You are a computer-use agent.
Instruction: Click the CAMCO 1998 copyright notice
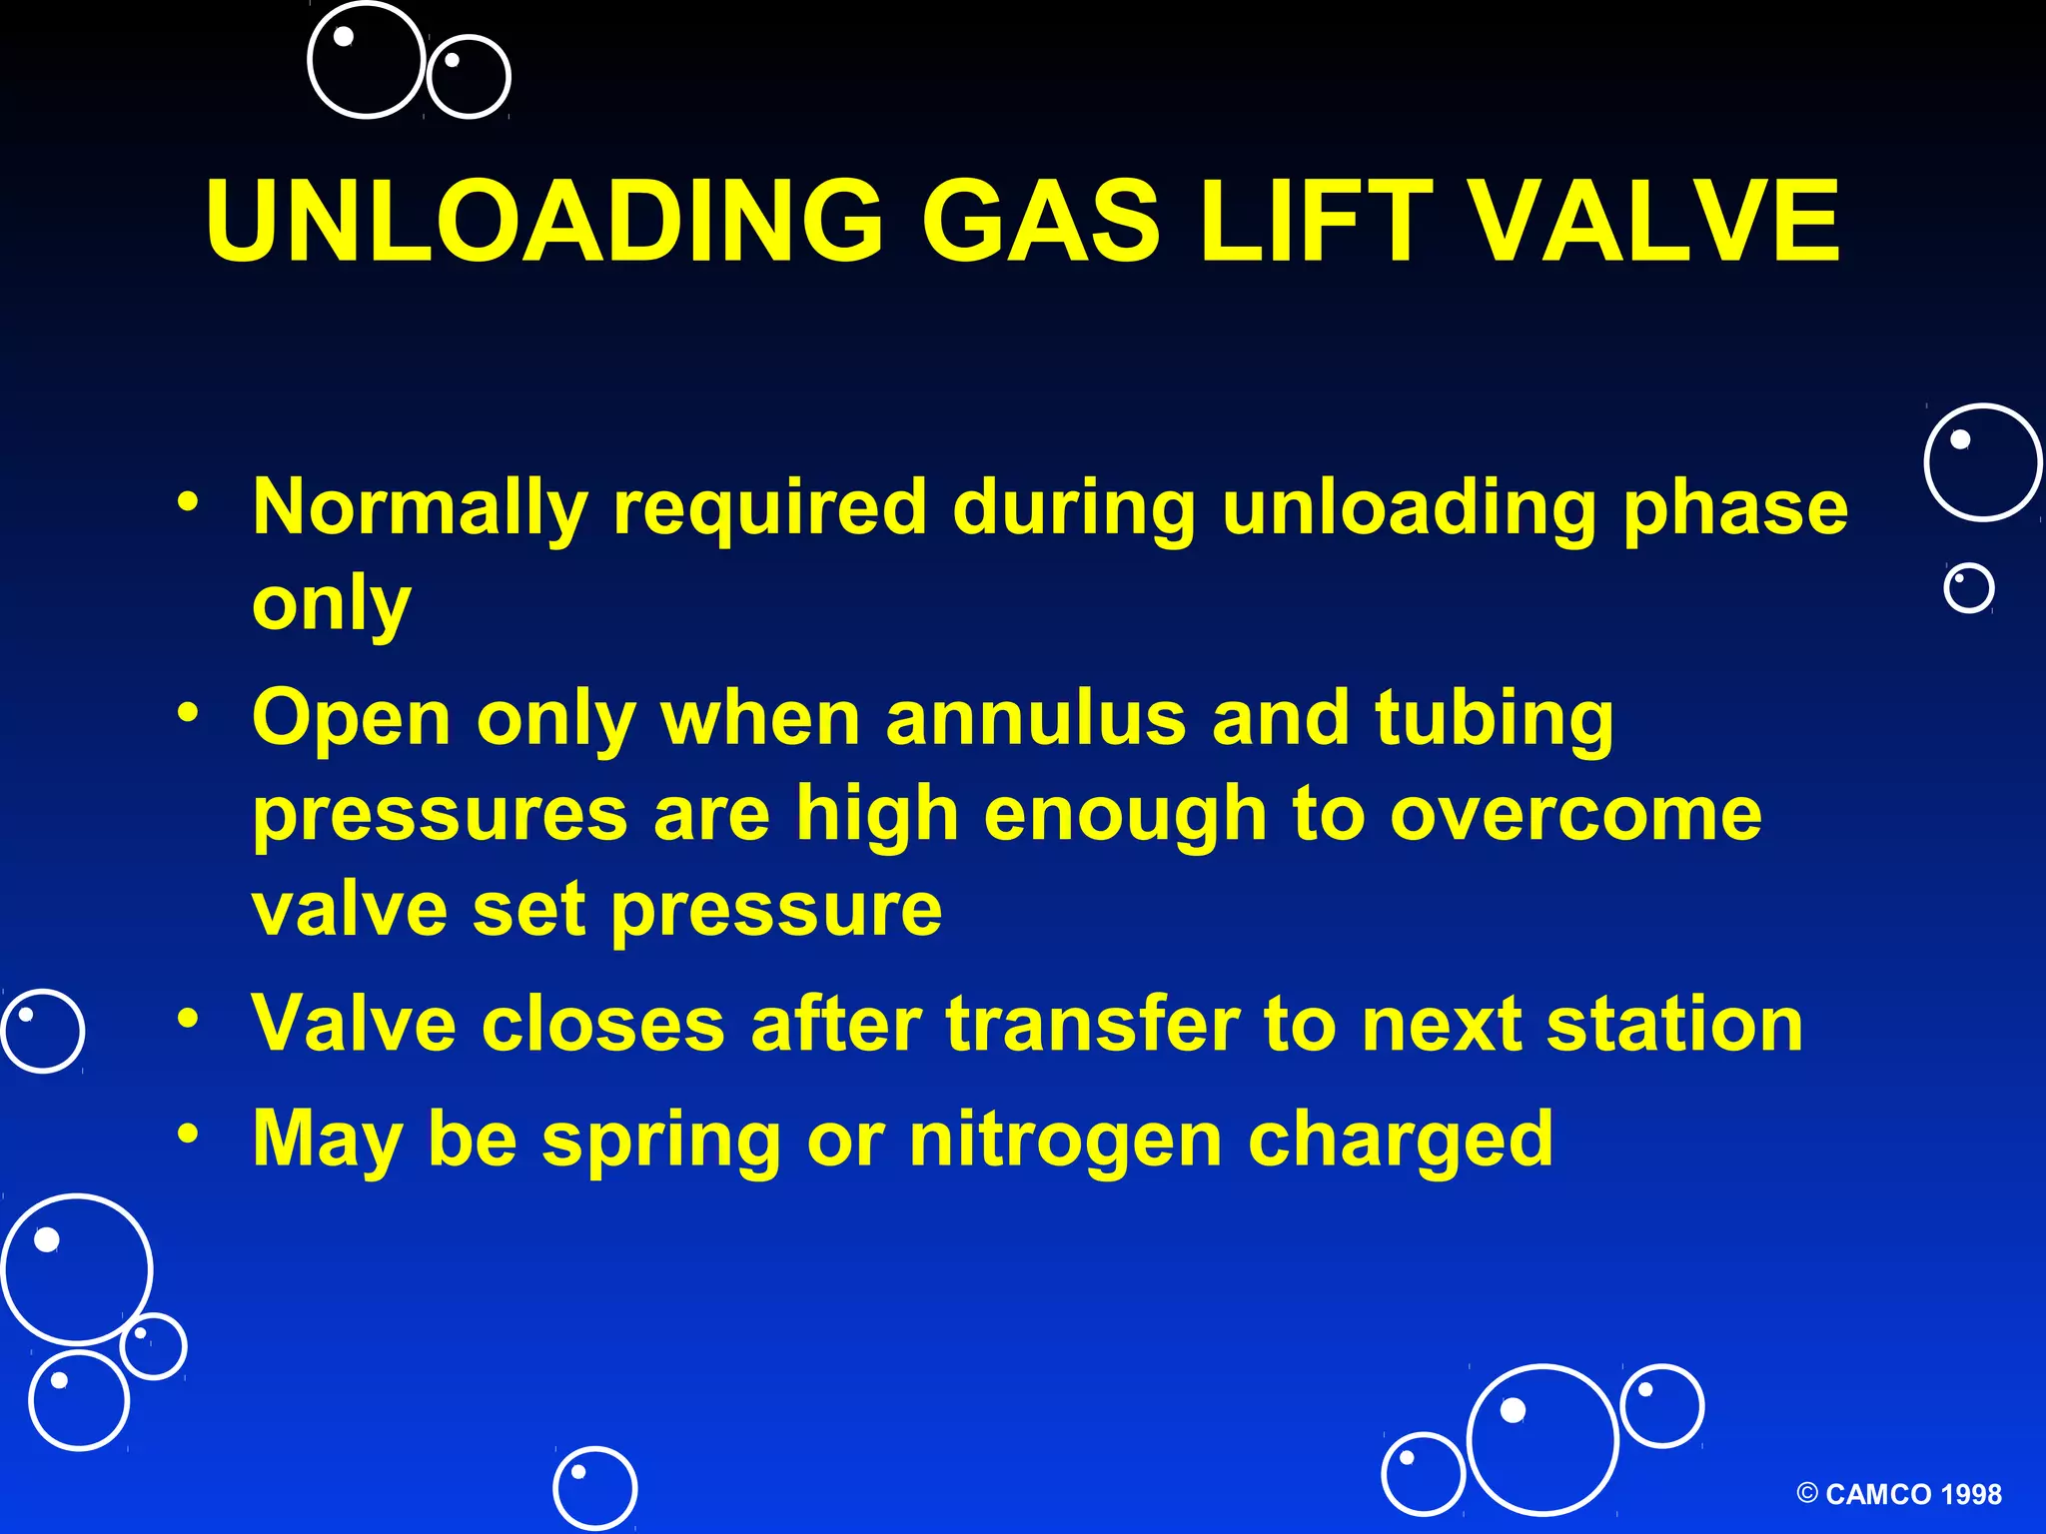[x=1898, y=1494]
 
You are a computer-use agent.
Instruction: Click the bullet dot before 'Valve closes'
[x=188, y=1019]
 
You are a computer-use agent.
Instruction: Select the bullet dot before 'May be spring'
[x=188, y=1134]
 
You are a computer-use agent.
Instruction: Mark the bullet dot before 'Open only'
[x=188, y=712]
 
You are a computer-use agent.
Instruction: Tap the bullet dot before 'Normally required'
[x=188, y=501]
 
